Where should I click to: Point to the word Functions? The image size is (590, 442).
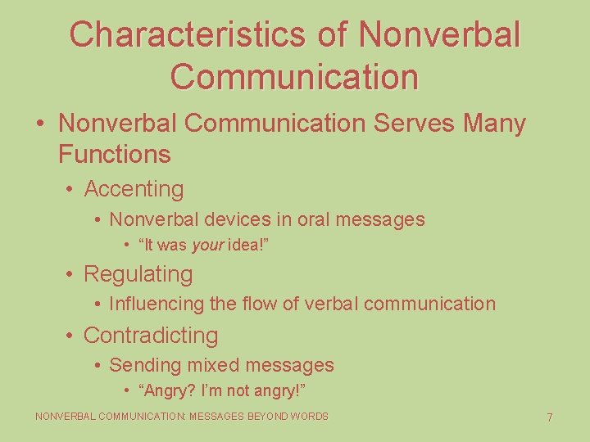(x=115, y=154)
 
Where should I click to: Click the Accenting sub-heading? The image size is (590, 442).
(x=134, y=189)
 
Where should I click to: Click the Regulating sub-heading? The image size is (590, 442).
(x=138, y=274)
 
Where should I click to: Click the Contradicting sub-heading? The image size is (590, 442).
(x=151, y=336)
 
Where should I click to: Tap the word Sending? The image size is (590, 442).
(x=143, y=365)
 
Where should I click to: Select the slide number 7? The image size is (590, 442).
(x=550, y=418)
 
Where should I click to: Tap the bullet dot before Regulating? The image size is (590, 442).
(x=71, y=274)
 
